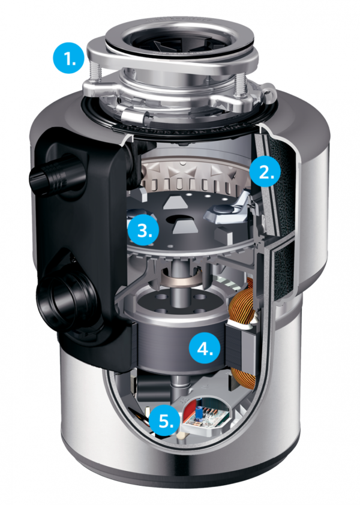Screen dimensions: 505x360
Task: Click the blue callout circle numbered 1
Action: [x=67, y=61]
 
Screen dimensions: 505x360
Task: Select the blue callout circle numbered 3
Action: [x=143, y=230]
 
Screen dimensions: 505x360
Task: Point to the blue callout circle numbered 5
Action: [x=165, y=421]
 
